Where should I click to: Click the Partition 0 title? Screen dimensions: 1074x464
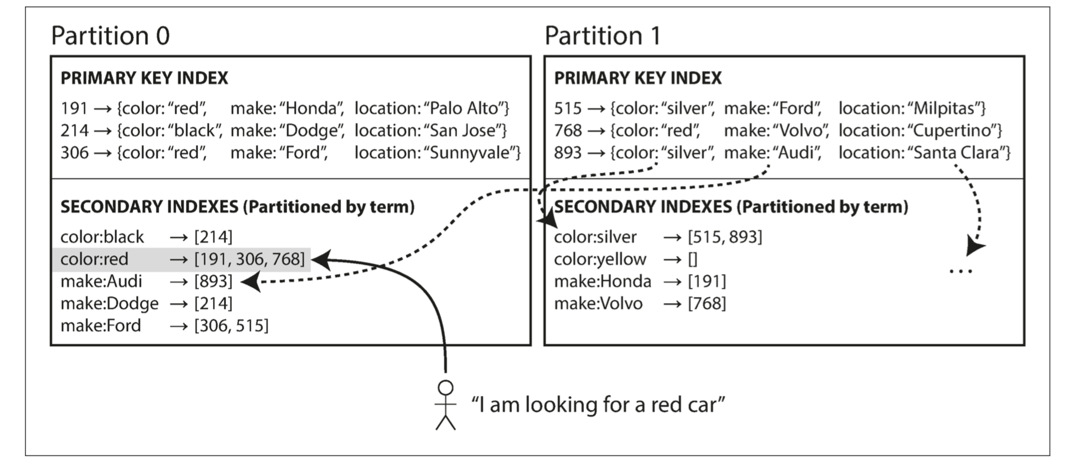110,35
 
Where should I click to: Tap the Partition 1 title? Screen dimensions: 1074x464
603,35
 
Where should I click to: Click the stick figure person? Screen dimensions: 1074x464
445,404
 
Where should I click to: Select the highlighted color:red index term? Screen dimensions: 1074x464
94,259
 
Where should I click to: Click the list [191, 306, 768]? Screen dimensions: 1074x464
249,259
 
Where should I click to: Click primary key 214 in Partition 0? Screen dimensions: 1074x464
75,130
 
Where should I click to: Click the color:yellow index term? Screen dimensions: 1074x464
600,259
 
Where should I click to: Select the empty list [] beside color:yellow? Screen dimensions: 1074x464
693,259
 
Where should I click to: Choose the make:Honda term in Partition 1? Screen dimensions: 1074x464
603,281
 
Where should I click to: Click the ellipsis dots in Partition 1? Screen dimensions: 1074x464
960,271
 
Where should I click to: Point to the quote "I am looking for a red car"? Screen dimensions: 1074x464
598,404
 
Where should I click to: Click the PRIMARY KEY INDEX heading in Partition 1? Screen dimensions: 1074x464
638,78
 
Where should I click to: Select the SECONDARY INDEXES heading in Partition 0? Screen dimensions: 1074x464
237,207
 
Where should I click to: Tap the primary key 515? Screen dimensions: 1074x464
568,108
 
